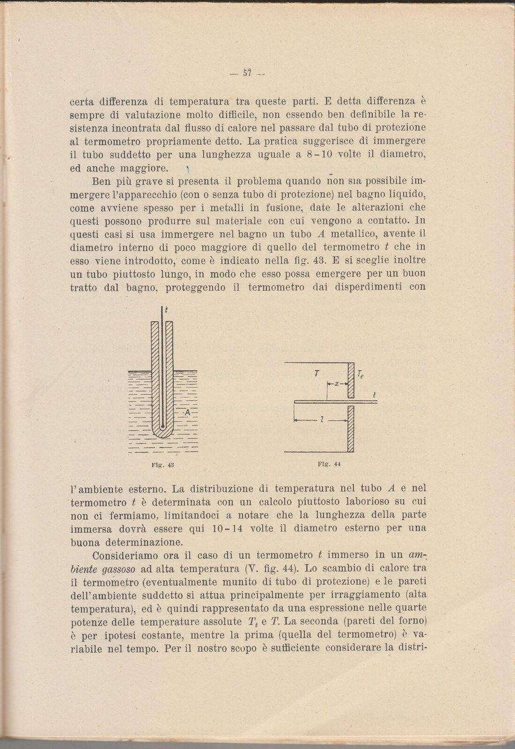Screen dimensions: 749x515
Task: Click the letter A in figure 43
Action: (187, 412)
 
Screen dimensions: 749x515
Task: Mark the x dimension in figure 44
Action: (337, 384)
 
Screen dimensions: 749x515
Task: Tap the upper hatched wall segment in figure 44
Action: (351, 380)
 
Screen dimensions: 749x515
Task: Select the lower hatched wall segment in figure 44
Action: (351, 429)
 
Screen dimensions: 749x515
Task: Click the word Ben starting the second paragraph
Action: (101, 181)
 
